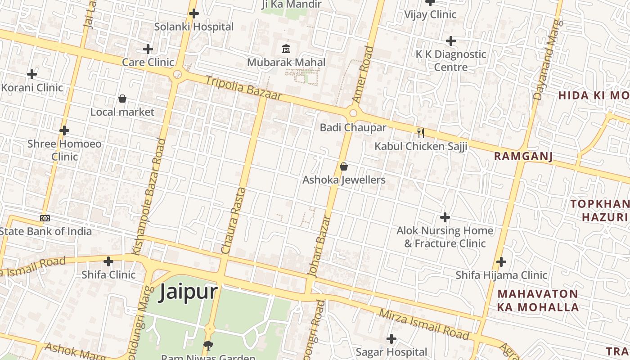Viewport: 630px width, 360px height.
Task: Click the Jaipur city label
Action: tap(189, 292)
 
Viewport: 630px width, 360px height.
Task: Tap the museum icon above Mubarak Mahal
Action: tap(286, 49)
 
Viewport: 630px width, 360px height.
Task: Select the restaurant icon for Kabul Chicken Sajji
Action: tap(421, 133)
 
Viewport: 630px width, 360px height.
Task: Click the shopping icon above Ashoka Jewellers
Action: tap(344, 167)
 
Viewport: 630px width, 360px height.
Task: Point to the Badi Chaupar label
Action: tap(353, 127)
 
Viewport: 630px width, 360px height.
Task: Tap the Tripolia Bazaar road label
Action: tap(243, 88)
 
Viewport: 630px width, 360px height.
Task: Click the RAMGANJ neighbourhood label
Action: tap(523, 156)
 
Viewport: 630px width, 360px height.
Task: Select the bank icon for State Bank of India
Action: tap(45, 218)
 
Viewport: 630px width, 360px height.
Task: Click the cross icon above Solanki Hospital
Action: tap(194, 13)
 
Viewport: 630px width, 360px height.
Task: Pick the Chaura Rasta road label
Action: tap(234, 220)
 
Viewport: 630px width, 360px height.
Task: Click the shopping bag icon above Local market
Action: tap(122, 99)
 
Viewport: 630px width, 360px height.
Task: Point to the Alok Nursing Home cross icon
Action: tap(445, 217)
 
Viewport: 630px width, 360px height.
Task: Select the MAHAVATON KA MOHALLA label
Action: tap(538, 300)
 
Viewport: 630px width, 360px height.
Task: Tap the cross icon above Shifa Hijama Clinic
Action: tap(501, 262)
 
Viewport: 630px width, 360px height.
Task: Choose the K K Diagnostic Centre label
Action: tap(451, 60)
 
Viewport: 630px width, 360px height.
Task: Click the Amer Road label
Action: tap(363, 74)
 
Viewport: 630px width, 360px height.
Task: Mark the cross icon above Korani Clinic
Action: tap(31, 74)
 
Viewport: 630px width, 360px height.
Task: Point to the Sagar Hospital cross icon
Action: tap(391, 338)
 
